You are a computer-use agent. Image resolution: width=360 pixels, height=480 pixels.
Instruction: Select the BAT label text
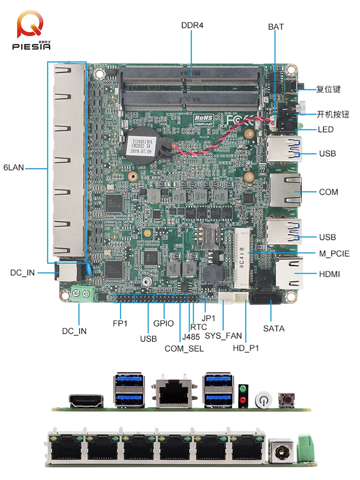coord(276,27)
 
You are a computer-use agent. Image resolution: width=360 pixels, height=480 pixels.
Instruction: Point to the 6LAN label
coord(13,167)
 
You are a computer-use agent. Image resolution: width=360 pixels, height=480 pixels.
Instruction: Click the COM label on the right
coord(328,192)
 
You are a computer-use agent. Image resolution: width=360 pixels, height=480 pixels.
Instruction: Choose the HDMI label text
coord(329,274)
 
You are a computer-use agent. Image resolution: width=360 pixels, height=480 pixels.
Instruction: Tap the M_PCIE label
coord(334,254)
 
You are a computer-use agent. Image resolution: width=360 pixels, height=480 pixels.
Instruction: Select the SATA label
coord(274,328)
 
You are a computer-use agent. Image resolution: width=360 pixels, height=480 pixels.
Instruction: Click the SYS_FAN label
coord(223,336)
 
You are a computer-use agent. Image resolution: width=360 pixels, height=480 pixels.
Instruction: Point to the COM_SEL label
coord(184,348)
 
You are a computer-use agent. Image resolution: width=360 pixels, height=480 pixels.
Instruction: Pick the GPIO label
coord(164,323)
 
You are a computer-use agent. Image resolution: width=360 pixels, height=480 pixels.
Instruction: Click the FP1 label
coord(120,323)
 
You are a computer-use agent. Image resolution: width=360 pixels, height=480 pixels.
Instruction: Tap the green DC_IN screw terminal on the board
coord(82,295)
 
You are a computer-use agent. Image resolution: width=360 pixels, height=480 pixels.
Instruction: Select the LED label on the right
coord(326,130)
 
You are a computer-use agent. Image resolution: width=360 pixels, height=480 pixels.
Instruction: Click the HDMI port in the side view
coord(86,401)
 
